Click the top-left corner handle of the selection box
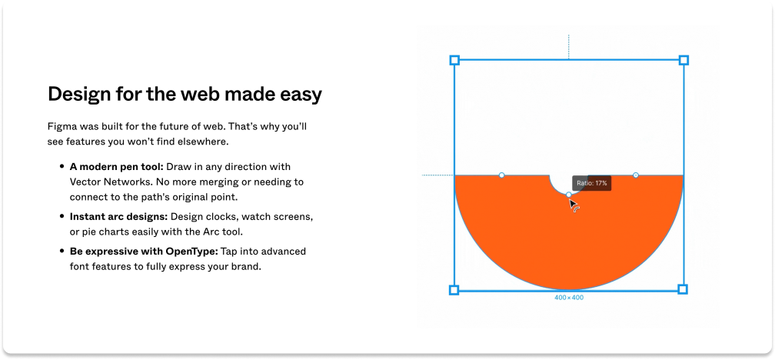coord(454,59)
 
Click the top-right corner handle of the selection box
coord(684,59)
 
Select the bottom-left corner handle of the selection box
coord(454,290)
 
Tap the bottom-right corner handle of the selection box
coord(683,289)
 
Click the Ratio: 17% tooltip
coord(592,184)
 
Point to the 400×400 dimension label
coord(569,297)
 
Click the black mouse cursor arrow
coord(573,205)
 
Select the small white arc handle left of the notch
coord(502,175)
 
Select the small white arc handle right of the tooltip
coord(635,175)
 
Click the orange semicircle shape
coord(569,238)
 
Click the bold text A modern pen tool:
coord(116,166)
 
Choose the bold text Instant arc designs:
coord(118,216)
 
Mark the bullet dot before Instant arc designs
coord(62,216)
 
